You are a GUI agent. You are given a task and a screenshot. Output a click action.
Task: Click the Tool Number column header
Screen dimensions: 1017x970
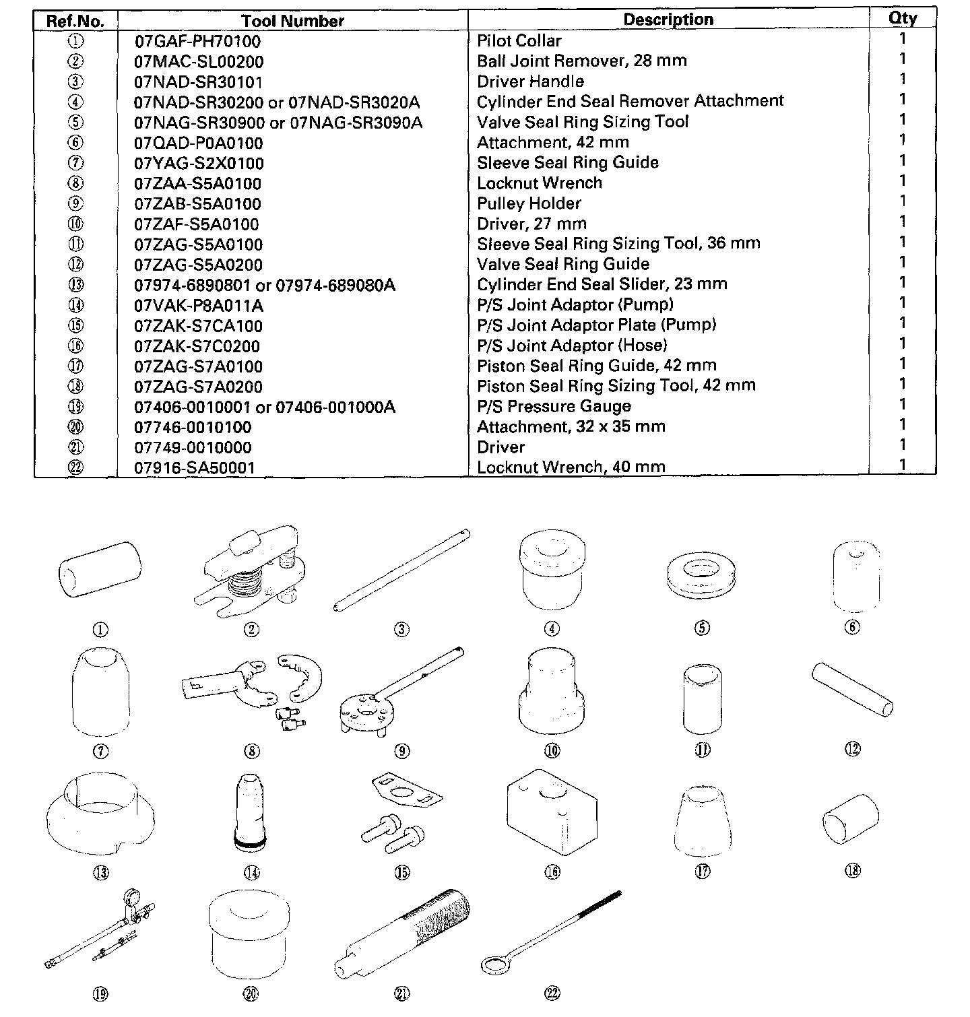292,21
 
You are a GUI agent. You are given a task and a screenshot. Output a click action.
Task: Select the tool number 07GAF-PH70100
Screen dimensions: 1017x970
197,41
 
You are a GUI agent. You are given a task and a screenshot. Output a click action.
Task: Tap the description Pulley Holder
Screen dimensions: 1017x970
529,203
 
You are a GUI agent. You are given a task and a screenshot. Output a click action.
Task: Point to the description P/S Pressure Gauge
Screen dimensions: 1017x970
554,406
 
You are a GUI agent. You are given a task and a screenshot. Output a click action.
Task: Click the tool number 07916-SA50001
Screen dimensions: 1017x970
195,467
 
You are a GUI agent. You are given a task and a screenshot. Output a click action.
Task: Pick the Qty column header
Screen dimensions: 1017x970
902,18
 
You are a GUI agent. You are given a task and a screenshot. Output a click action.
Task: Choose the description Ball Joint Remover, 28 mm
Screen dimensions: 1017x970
581,61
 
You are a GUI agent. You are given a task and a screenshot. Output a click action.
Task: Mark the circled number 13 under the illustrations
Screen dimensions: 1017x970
100,872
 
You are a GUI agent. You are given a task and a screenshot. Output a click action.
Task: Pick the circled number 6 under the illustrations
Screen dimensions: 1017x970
852,627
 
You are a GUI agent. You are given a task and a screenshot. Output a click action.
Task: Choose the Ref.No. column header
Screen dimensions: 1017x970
75,21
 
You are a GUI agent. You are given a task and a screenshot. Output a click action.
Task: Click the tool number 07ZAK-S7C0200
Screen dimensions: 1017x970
197,346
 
